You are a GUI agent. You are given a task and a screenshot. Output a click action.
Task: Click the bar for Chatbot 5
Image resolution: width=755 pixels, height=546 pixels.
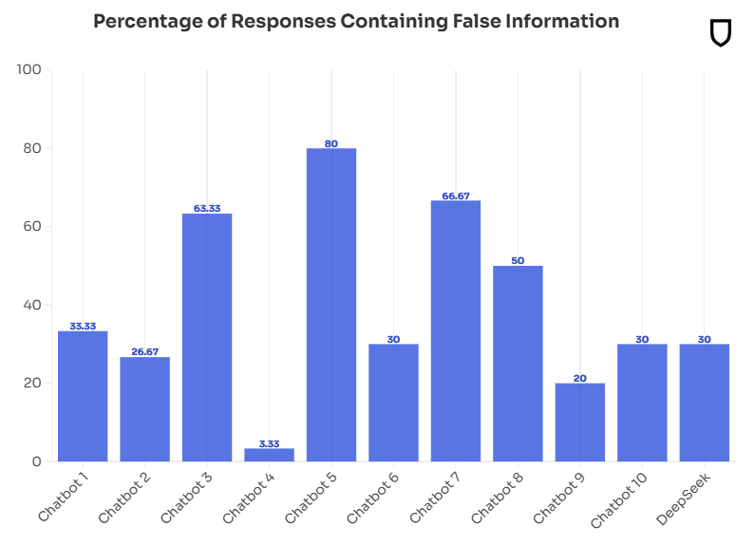pos(331,305)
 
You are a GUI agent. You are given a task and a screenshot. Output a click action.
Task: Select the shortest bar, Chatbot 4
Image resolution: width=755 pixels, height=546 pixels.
pos(269,455)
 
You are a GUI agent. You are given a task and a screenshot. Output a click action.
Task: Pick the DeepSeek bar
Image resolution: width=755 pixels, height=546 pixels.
pos(705,403)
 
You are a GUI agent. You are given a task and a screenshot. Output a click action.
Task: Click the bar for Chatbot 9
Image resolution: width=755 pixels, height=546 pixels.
pos(580,423)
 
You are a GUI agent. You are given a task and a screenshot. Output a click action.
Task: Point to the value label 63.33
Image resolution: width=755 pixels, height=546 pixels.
pos(207,208)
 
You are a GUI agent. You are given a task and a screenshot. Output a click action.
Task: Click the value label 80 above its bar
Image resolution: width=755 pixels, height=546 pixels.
pos(331,143)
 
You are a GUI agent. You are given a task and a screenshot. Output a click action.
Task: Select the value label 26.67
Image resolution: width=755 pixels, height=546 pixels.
pos(144,352)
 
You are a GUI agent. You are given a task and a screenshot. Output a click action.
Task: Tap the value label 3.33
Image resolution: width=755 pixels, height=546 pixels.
pos(269,443)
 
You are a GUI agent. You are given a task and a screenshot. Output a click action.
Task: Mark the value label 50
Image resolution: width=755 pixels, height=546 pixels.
pos(518,260)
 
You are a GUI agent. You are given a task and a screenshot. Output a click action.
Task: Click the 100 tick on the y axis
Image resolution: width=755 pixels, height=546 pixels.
pos(29,69)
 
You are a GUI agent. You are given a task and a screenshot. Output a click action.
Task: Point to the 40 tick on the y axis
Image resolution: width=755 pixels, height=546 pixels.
pos(32,305)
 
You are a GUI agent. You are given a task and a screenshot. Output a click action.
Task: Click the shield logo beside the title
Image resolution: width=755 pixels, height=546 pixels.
pos(721,33)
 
